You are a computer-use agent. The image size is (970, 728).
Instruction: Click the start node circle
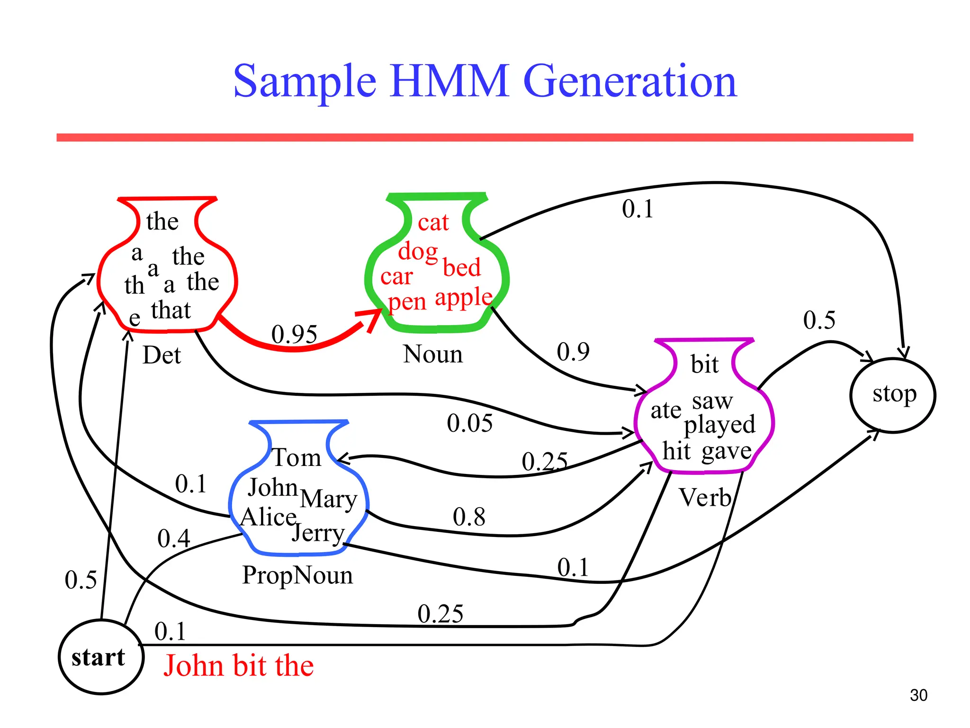pos(100,657)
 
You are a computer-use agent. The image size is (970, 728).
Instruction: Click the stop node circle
pos(893,395)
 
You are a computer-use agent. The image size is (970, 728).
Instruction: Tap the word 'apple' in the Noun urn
pos(463,298)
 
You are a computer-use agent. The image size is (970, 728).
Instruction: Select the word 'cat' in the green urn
pos(433,222)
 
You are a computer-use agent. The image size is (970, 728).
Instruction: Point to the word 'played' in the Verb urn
pos(719,425)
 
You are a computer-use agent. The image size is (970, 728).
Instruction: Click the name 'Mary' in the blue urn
pos(328,499)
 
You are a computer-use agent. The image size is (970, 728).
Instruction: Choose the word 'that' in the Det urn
pos(171,310)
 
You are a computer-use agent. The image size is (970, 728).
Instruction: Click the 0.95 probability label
pos(294,335)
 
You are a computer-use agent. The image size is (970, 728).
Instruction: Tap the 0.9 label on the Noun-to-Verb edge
pos(573,352)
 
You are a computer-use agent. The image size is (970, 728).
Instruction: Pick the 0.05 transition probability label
pos(469,423)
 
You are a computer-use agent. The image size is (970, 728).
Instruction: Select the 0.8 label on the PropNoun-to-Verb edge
pos(469,517)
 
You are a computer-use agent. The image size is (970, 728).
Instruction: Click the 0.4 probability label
pos(173,539)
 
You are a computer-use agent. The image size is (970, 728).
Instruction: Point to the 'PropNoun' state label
pos(297,575)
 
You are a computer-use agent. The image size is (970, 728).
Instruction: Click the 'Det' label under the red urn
pos(162,355)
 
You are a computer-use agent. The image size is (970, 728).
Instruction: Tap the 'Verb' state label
pos(705,498)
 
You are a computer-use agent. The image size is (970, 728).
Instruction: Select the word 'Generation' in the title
pos(630,81)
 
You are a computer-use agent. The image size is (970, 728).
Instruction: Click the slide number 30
pos(918,695)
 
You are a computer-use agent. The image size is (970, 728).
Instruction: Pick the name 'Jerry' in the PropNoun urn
pos(318,533)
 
